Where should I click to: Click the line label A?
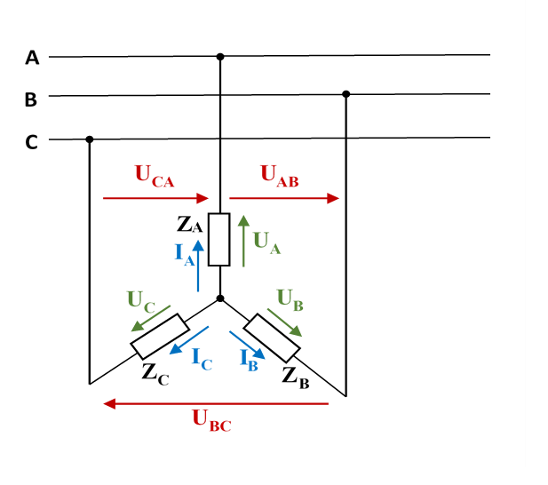(32, 58)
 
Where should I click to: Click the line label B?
(30, 99)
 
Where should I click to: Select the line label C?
(31, 142)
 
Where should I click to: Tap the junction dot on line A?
(220, 57)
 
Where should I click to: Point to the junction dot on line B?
(346, 94)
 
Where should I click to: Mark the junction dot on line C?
(90, 139)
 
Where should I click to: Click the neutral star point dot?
(220, 298)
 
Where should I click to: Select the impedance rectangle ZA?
(219, 240)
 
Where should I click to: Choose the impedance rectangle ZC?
(159, 336)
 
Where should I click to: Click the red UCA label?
(155, 176)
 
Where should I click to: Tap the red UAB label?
(279, 176)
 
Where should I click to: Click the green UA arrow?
(244, 240)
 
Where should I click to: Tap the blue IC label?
(203, 359)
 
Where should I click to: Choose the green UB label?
(290, 298)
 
